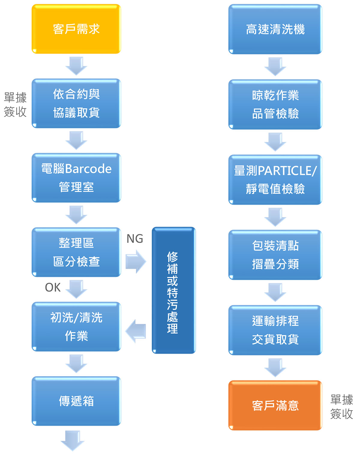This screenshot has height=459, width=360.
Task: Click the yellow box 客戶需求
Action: (x=76, y=29)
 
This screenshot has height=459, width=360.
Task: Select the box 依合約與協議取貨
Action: (x=76, y=103)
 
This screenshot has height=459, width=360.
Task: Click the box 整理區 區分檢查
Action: (x=76, y=252)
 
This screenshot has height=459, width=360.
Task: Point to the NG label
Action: (x=135, y=239)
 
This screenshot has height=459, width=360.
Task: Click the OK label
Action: (x=53, y=288)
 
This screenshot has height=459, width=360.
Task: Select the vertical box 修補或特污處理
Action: (x=173, y=290)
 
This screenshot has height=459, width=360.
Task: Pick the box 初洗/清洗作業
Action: (x=76, y=326)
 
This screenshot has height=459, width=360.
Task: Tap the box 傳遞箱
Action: (x=76, y=401)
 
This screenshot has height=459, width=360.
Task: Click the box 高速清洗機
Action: (x=275, y=29)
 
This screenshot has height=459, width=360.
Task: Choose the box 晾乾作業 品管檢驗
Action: (x=275, y=104)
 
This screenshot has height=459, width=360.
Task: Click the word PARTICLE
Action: (x=287, y=171)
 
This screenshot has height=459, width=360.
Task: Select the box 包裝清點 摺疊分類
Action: (x=275, y=255)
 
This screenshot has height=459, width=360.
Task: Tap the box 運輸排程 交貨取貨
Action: (x=275, y=330)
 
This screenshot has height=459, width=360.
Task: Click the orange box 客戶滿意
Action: (x=275, y=405)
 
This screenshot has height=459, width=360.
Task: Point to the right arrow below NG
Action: (x=136, y=261)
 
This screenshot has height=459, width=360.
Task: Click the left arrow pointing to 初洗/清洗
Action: (x=136, y=331)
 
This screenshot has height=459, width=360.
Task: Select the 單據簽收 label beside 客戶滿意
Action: (x=341, y=407)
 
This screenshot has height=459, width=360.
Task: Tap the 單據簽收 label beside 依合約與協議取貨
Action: (x=15, y=104)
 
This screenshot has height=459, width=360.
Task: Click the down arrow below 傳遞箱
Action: (x=73, y=440)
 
